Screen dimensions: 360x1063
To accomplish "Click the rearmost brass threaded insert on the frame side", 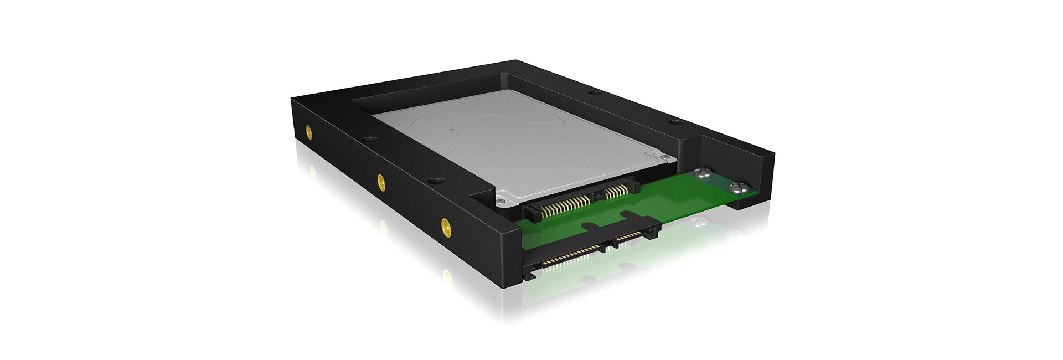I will pyautogui.click(x=308, y=132).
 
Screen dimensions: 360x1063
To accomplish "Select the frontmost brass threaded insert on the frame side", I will pyautogui.click(x=445, y=224).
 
